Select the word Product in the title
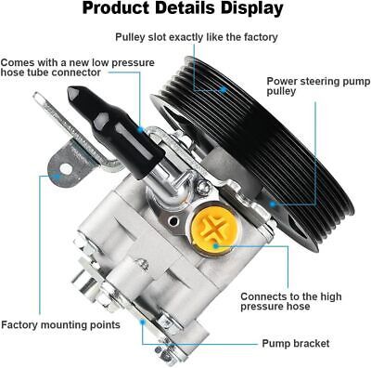115,8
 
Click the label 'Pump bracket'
296,343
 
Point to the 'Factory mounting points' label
60,325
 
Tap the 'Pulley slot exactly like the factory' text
197,37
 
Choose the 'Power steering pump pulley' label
318,85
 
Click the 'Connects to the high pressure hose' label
291,301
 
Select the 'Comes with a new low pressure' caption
77,62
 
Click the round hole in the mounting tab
66,169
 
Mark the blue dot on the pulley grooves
224,90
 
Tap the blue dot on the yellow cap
216,246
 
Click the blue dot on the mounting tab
57,177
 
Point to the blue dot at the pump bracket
143,322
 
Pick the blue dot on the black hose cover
140,129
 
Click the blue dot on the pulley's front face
272,204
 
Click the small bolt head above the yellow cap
202,186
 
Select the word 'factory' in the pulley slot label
261,37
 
